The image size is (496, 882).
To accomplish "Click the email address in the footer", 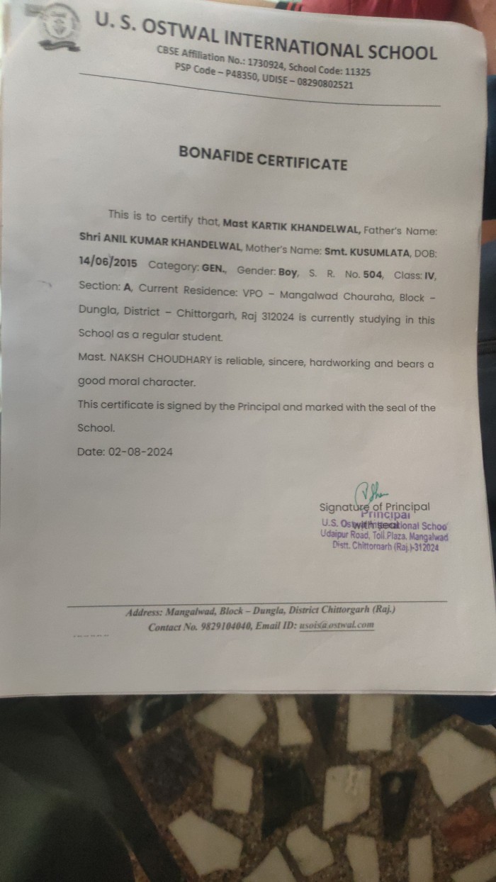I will pos(336,625).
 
